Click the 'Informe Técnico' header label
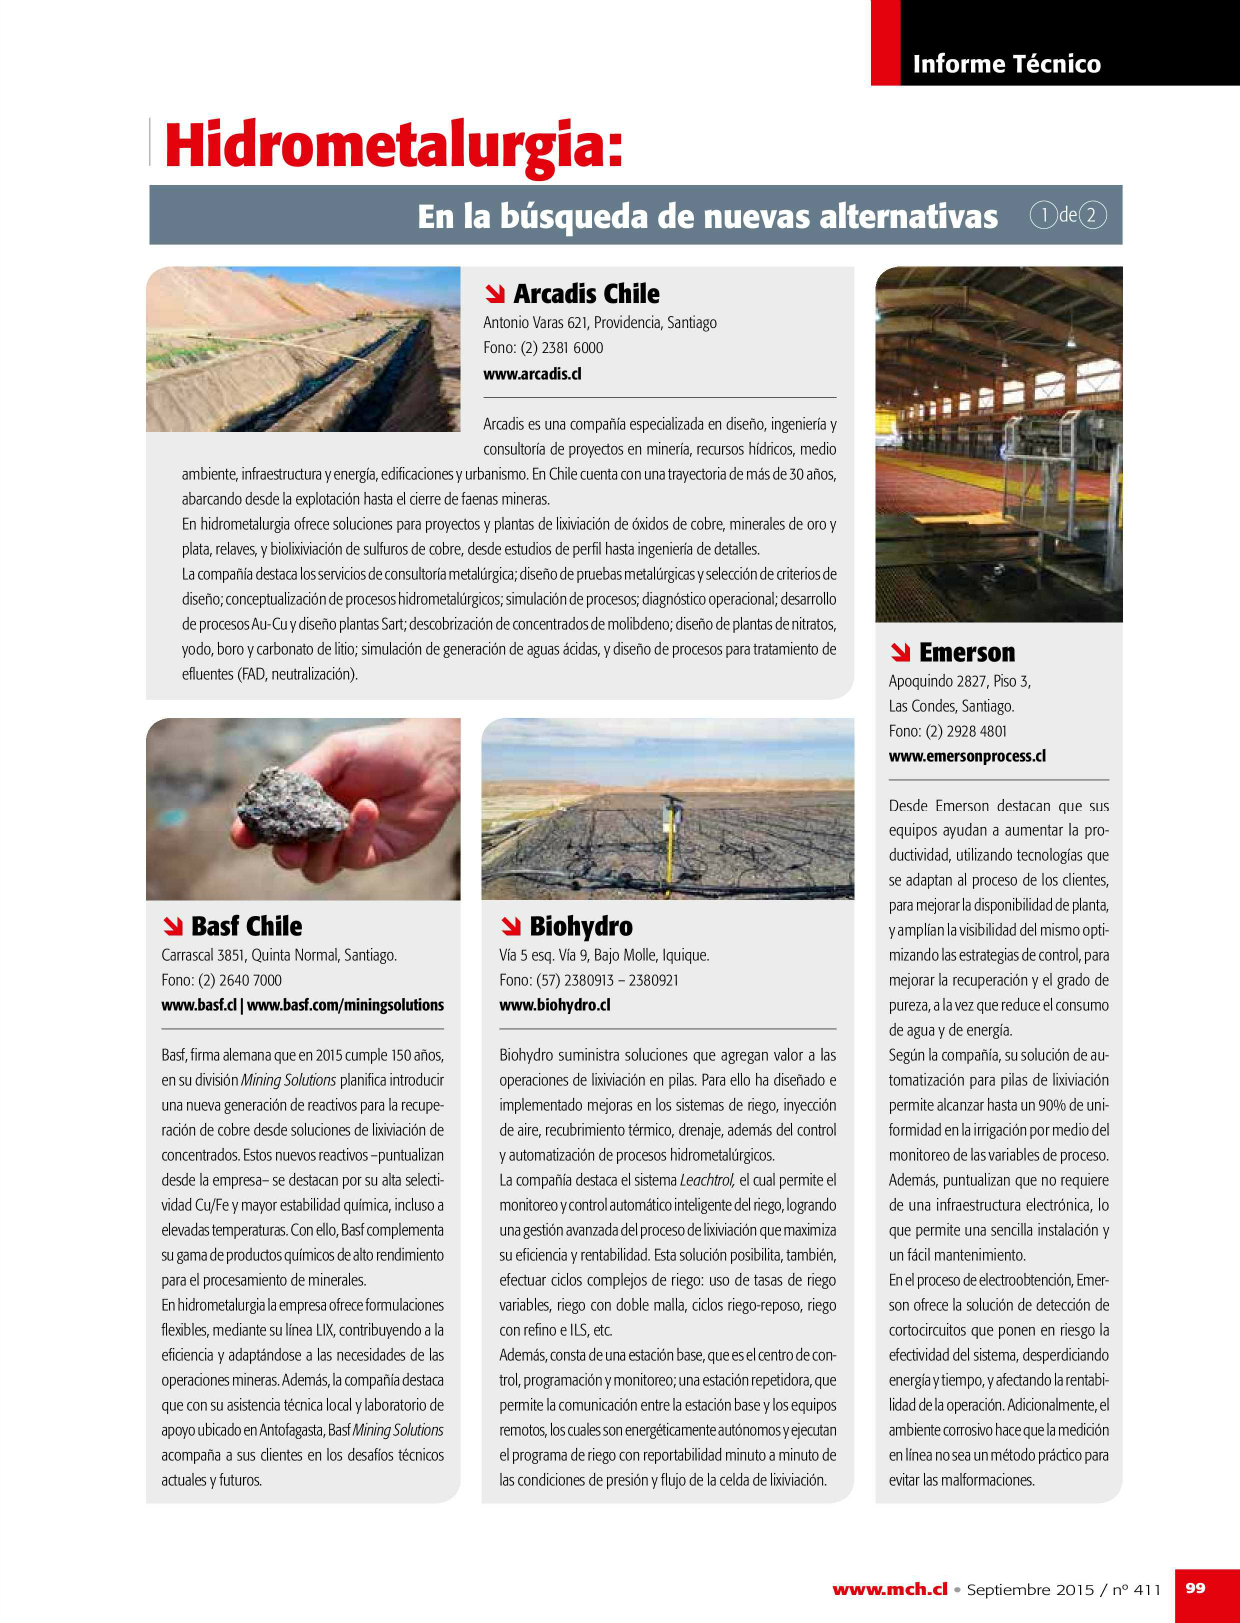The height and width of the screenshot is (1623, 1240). tap(1006, 64)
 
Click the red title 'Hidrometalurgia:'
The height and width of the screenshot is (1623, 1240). tap(394, 146)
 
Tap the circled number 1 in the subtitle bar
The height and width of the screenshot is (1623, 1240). tap(1043, 215)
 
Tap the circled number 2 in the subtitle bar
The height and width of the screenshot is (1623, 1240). tap(1092, 215)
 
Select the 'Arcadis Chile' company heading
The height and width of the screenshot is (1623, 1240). tap(586, 294)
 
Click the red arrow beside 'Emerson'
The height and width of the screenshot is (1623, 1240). tap(900, 653)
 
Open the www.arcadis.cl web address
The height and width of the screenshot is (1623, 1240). tap(532, 374)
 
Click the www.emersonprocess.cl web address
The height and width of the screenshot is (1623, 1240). tap(967, 756)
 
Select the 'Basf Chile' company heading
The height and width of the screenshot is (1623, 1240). tap(246, 926)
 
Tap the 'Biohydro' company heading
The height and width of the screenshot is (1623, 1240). tap(581, 926)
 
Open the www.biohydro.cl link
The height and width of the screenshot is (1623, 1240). tap(554, 1005)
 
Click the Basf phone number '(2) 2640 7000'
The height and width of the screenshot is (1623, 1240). tap(240, 980)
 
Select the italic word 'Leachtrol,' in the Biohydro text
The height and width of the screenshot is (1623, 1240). tap(707, 1180)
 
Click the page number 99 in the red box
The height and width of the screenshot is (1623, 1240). tap(1195, 1588)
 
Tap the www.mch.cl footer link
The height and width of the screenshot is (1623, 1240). tap(889, 1589)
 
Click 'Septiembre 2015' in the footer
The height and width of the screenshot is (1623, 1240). tap(1030, 1589)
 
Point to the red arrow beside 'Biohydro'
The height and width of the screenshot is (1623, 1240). tap(511, 926)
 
